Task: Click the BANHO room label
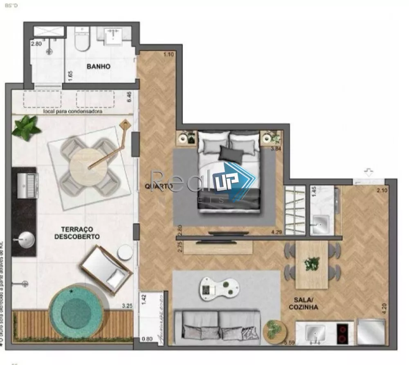click(98, 67)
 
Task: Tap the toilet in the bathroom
click(82, 40)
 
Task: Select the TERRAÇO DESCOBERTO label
click(77, 233)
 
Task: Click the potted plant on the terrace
click(26, 127)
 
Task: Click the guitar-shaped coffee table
click(219, 288)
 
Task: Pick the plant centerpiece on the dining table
click(312, 263)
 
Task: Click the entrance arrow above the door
click(369, 173)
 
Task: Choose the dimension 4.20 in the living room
click(384, 308)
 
